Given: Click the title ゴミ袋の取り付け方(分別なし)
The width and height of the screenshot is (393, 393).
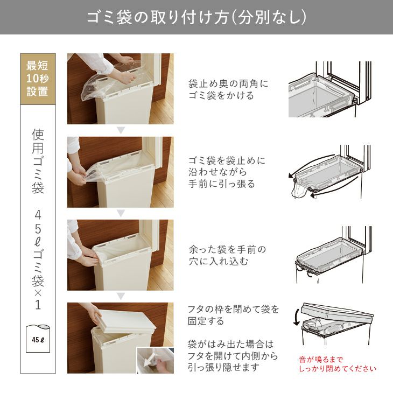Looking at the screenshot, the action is click(196, 17).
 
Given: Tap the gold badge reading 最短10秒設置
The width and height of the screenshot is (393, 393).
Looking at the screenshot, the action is click(38, 79).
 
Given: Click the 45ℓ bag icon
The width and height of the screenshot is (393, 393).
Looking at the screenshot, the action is click(38, 338).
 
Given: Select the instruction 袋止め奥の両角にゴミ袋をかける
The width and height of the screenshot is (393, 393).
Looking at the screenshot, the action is click(228, 89).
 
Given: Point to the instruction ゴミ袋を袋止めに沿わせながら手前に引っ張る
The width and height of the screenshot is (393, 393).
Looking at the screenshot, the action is click(227, 172).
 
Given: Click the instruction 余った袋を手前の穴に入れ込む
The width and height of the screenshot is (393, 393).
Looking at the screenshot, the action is click(227, 255).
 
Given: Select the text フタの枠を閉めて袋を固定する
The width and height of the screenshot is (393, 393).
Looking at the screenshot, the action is click(233, 315).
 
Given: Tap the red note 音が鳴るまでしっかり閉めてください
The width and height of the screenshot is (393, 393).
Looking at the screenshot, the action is click(338, 364).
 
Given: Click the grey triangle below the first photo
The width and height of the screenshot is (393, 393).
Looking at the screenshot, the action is click(121, 130).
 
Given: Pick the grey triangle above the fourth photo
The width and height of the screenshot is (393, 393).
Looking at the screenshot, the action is click(121, 297).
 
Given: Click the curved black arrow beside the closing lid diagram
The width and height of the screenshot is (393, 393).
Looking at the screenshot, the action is click(296, 317).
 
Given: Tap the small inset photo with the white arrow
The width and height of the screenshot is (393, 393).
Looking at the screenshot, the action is click(156, 360).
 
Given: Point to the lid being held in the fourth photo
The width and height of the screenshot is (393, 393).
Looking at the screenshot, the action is click(125, 322).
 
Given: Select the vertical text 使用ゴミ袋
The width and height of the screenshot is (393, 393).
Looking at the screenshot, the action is click(38, 161).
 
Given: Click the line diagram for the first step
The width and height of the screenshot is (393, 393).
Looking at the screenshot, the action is click(329, 89).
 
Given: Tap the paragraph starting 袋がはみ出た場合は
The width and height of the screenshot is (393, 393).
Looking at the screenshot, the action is click(233, 356).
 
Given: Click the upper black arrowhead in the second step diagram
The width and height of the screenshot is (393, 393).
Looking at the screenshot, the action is click(291, 176).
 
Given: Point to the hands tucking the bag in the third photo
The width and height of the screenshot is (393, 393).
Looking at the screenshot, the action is click(88, 256).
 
